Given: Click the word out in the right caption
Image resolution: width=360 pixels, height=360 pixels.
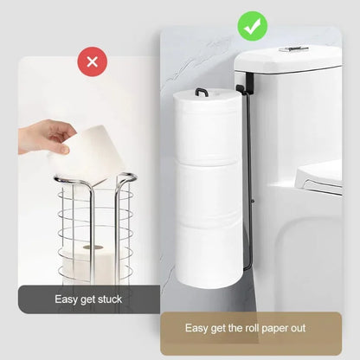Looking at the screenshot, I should coord(296,328).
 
